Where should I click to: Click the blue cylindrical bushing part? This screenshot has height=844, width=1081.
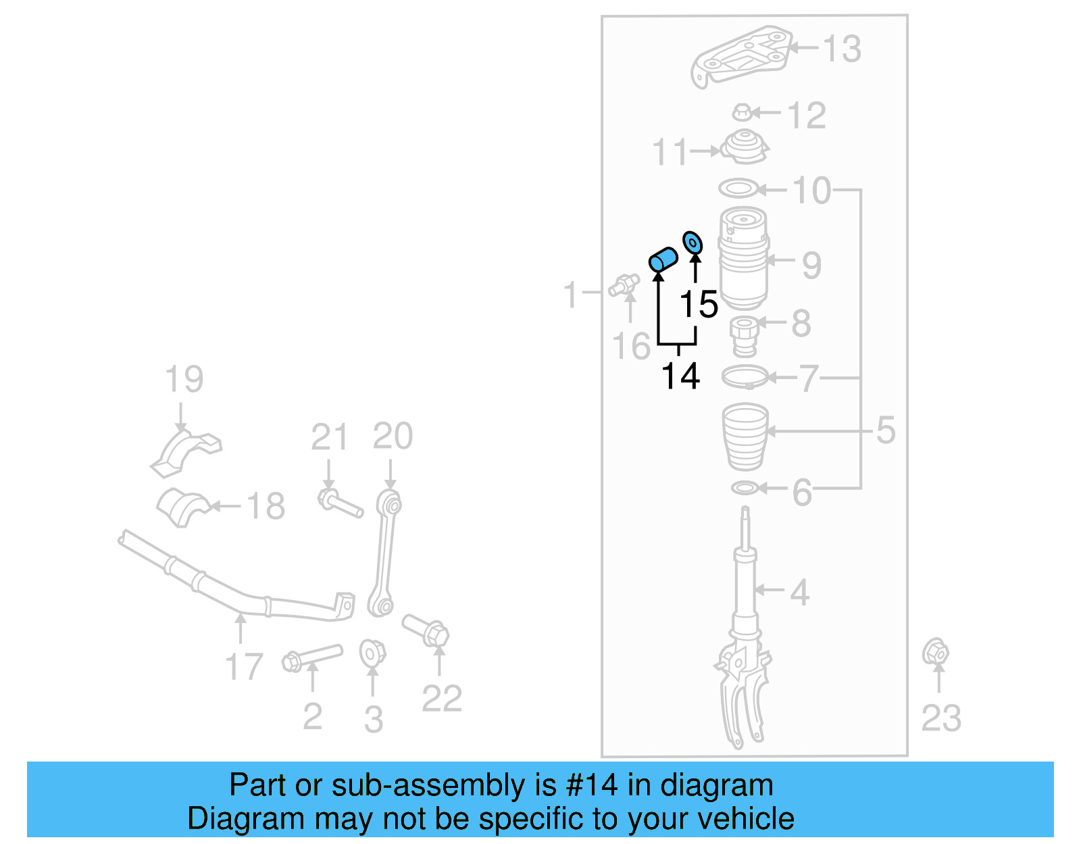(663, 259)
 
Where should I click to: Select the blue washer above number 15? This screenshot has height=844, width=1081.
(693, 243)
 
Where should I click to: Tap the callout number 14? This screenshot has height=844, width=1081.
(680, 376)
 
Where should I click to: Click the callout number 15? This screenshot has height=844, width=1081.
(699, 305)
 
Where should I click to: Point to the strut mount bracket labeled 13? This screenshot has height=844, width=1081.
(741, 57)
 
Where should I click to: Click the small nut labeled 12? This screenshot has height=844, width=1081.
(742, 112)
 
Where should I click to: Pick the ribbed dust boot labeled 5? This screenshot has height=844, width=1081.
(746, 437)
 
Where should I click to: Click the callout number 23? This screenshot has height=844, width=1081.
(940, 718)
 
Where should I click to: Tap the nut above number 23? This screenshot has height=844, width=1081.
(936, 652)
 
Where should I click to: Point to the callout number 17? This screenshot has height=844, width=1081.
(243, 666)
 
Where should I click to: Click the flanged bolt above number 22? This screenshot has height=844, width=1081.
(426, 630)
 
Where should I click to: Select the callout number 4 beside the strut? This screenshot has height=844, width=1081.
(799, 592)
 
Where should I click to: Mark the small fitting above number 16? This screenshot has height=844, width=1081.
(624, 285)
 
